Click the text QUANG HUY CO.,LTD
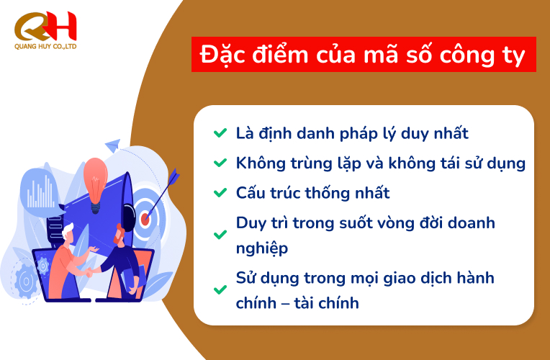(x=45, y=46)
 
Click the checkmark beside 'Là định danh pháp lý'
(x=219, y=133)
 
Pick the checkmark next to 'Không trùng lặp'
(x=219, y=163)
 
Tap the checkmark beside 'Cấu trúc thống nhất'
(x=219, y=193)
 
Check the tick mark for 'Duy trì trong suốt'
(x=219, y=235)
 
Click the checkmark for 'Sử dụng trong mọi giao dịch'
(x=219, y=290)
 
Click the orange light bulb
(x=95, y=179)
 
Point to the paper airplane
(x=112, y=146)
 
